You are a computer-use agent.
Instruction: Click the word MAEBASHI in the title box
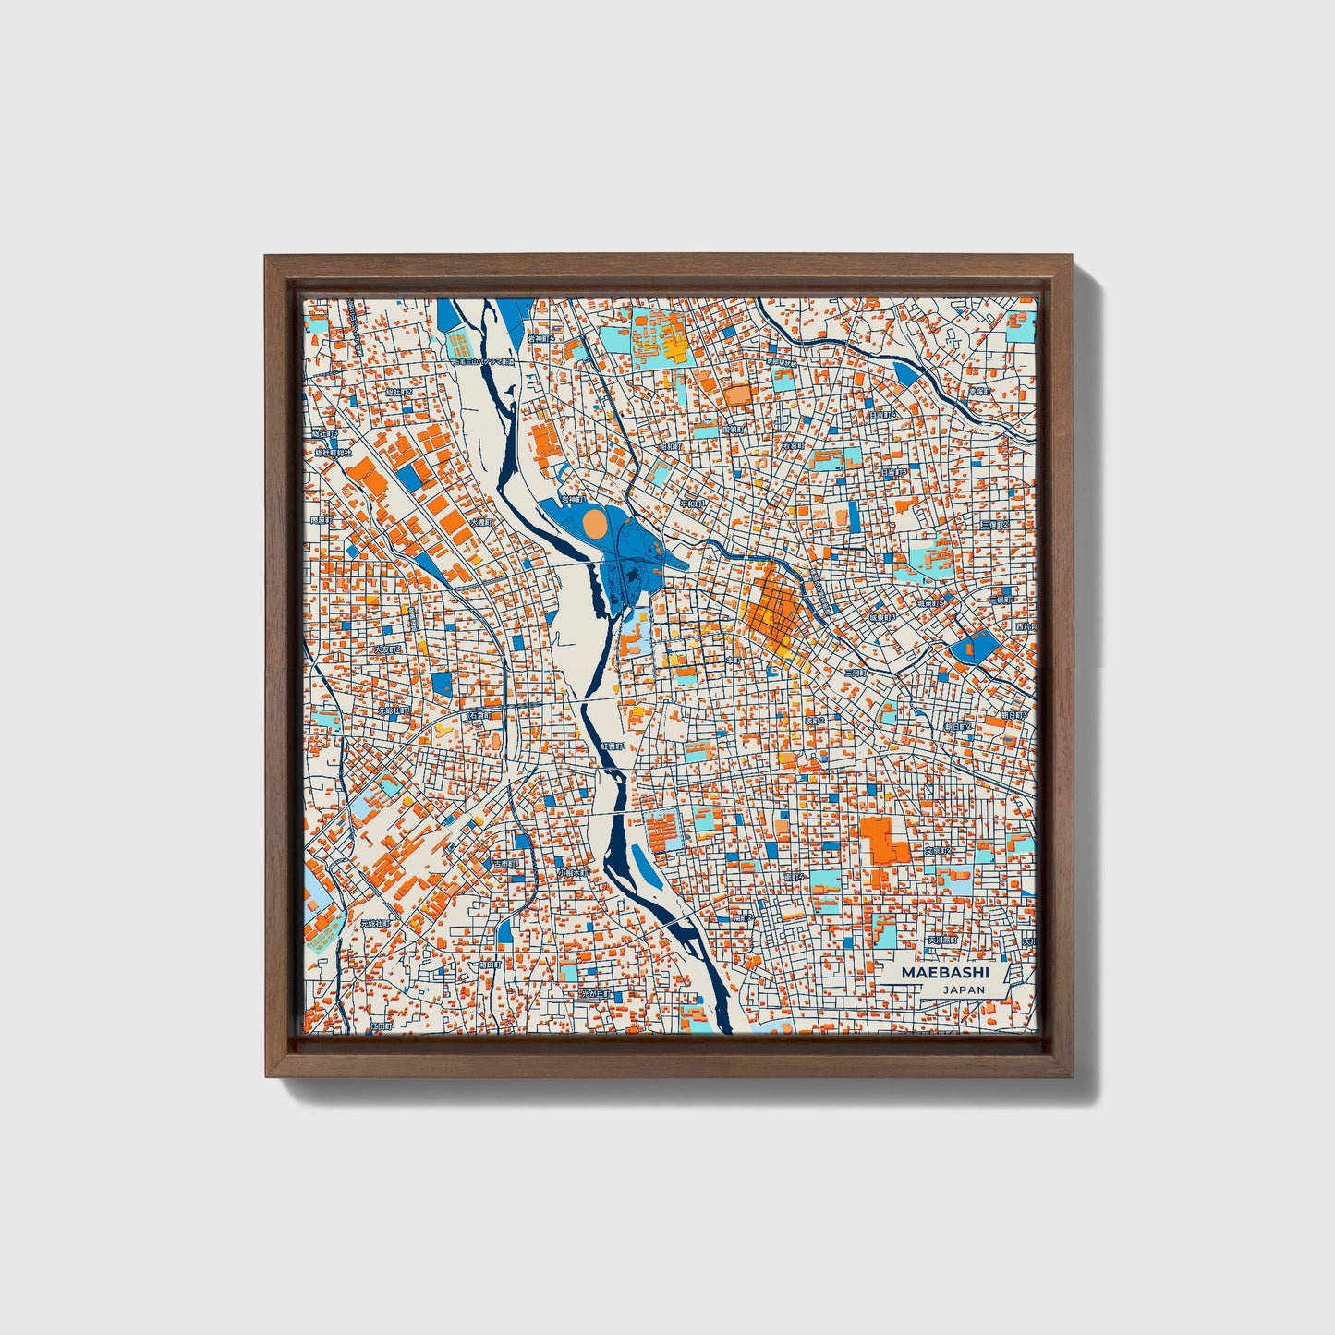[x=932, y=973]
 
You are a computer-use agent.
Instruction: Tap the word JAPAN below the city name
[x=964, y=989]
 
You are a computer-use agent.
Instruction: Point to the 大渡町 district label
[x=481, y=522]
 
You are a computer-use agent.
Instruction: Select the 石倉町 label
[x=479, y=715]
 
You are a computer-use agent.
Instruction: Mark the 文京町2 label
[x=941, y=850]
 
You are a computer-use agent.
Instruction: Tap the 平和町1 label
[x=693, y=504]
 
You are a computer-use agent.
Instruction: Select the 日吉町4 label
[x=883, y=417]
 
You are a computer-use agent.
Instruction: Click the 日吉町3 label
[x=892, y=472]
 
